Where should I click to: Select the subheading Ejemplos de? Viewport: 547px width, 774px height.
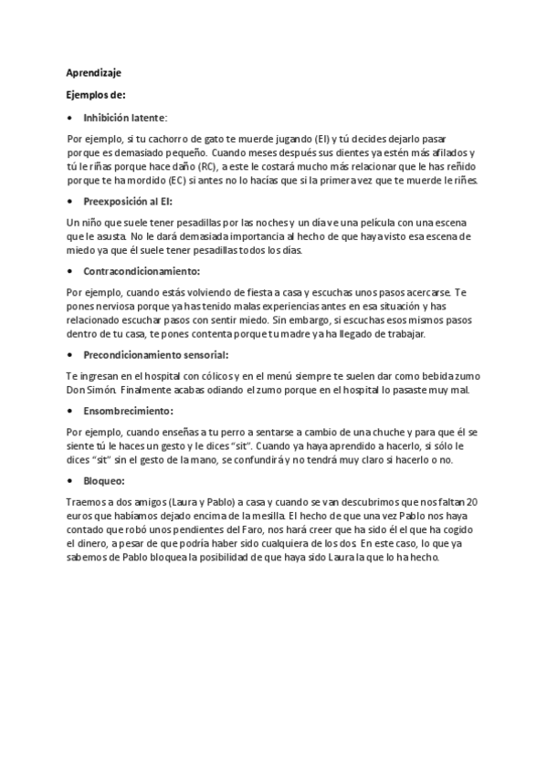tap(97, 94)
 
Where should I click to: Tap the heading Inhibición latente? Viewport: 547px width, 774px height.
tap(125, 117)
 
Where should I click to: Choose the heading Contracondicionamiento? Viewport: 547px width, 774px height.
tap(142, 271)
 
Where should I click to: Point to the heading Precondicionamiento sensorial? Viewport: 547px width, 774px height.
tap(155, 354)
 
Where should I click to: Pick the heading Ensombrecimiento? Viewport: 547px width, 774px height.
tap(128, 411)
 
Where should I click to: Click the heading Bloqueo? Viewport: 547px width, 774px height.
tap(103, 481)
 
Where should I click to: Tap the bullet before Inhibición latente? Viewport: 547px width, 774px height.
tap(70, 117)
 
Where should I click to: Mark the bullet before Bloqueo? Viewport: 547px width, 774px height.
tap(70, 481)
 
